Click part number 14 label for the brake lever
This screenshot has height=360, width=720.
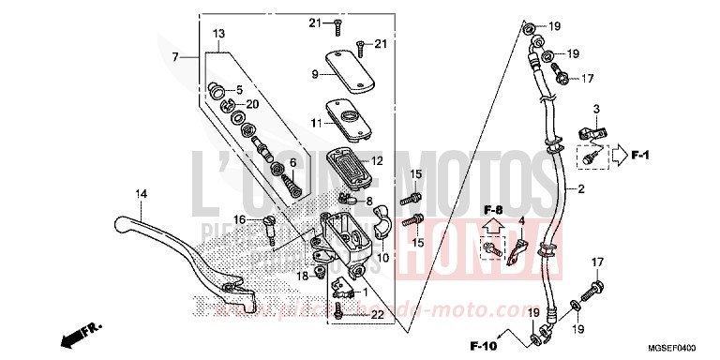(141, 194)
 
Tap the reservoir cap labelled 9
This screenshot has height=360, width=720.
(345, 67)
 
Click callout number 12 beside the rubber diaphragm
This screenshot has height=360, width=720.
(378, 160)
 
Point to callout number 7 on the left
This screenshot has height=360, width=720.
(173, 58)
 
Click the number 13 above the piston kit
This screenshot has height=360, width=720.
(218, 33)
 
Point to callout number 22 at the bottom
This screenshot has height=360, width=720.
(377, 315)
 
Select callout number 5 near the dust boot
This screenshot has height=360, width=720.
(239, 90)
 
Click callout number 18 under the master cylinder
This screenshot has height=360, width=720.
(303, 277)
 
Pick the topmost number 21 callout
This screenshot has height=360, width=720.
(315, 22)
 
